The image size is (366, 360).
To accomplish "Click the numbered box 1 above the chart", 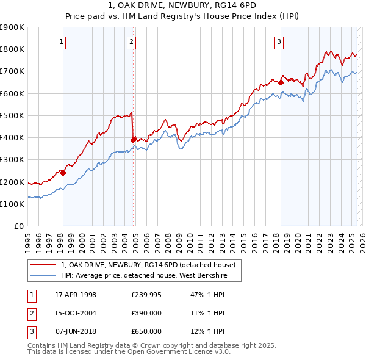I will click(x=62, y=42).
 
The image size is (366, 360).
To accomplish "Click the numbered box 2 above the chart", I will click(x=132, y=42).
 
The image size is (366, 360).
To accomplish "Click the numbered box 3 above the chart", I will click(x=279, y=42).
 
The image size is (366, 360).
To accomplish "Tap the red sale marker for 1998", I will click(x=63, y=173).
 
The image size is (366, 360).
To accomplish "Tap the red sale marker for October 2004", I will click(x=133, y=140).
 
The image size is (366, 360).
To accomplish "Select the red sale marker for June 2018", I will click(x=281, y=82).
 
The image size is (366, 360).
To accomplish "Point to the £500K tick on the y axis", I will click(x=12, y=115).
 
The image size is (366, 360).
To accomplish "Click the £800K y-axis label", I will click(x=12, y=49).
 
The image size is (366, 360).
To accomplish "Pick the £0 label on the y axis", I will click(x=18, y=226).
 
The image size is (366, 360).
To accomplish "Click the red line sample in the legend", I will click(x=43, y=265).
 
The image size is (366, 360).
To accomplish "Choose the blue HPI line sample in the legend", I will click(x=43, y=275).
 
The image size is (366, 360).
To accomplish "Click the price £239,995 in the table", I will click(x=146, y=295).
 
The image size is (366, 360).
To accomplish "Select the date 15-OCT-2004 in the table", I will click(x=76, y=313).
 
